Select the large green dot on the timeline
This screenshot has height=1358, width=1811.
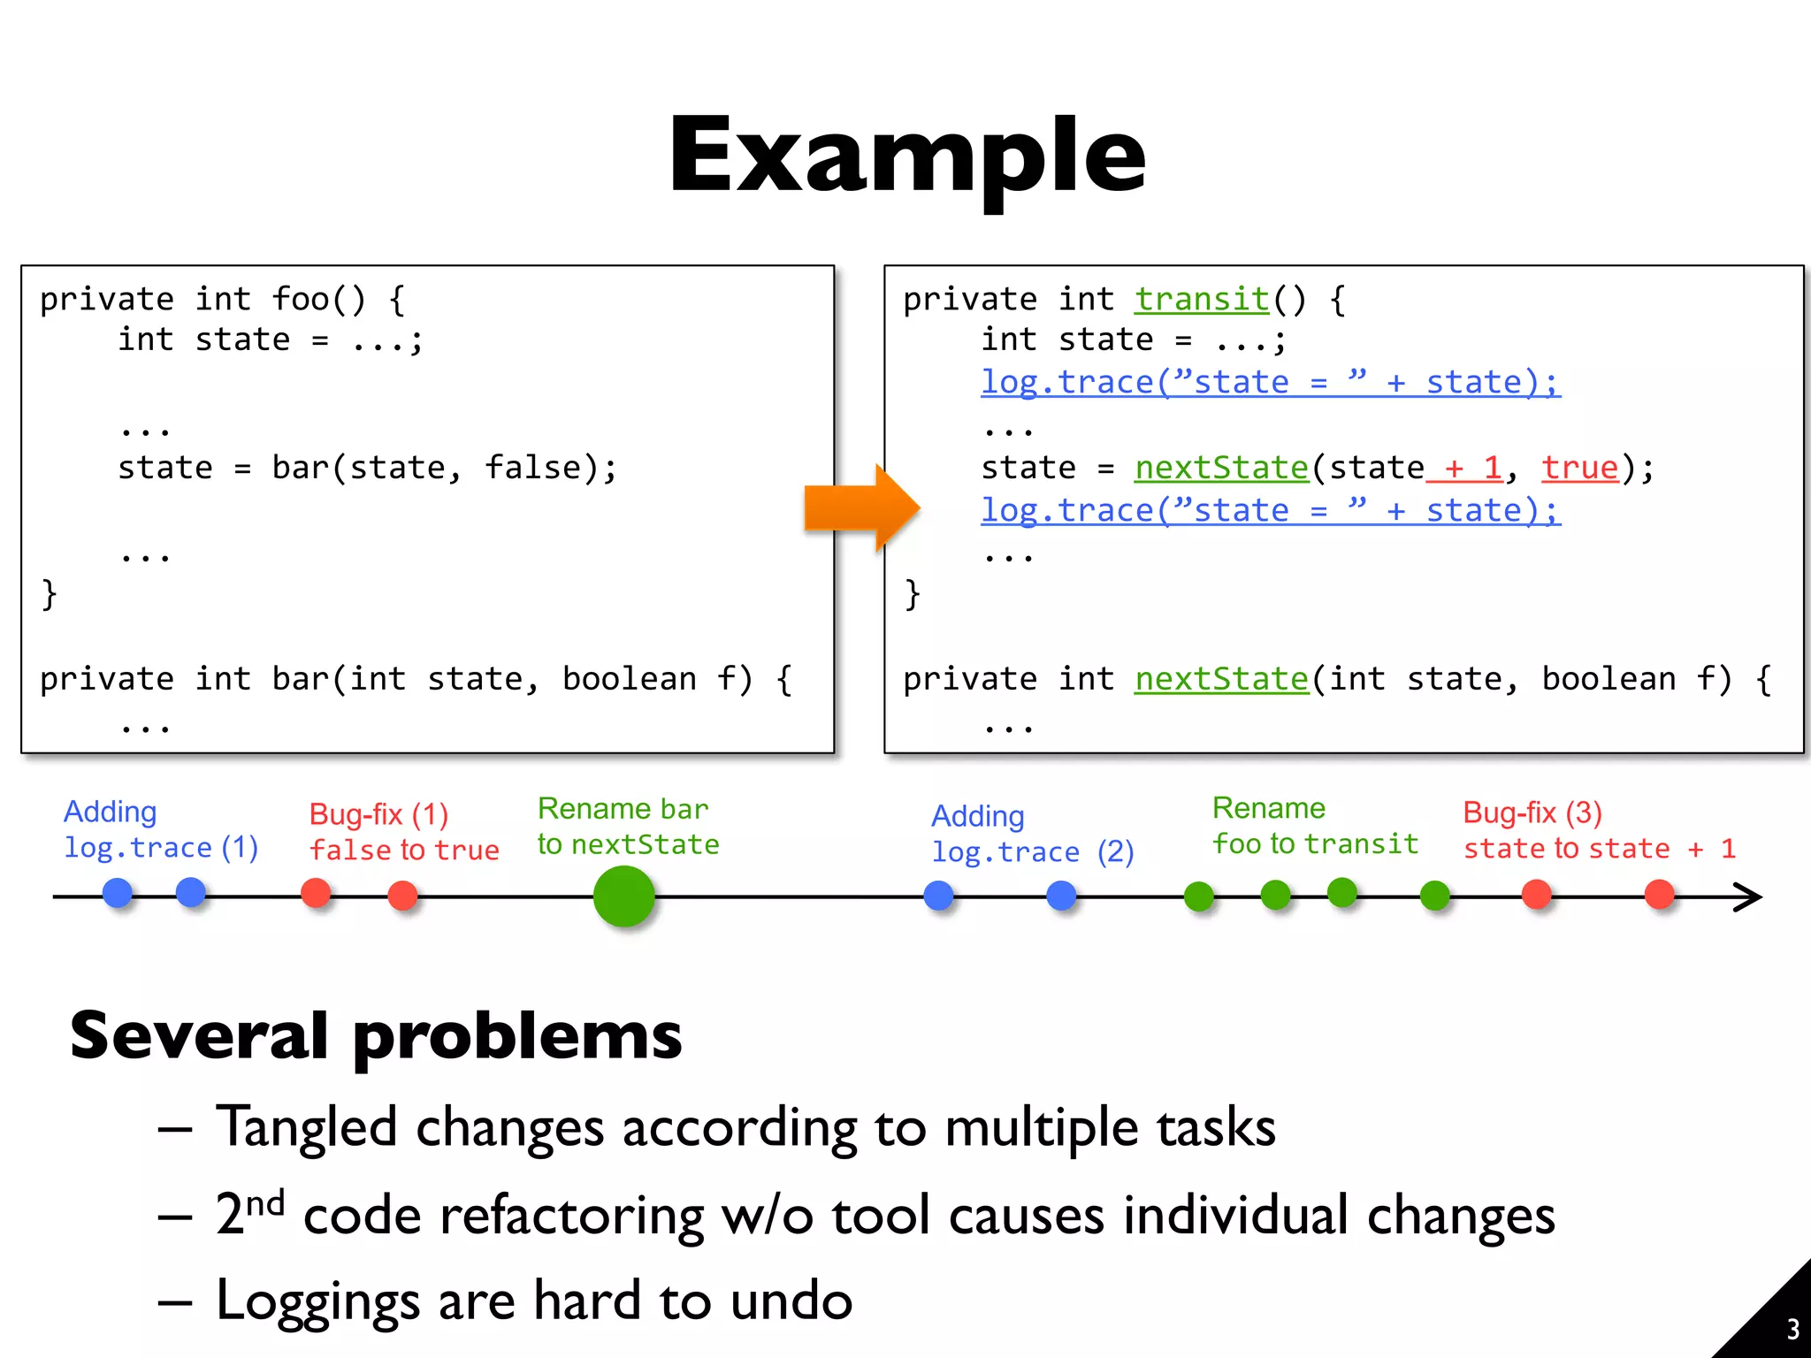coord(623,896)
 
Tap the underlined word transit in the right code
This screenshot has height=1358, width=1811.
coord(1202,300)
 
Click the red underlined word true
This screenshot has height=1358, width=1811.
coord(1579,468)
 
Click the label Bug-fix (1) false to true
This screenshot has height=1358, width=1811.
coord(403,831)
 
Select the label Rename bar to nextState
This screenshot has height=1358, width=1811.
coord(627,826)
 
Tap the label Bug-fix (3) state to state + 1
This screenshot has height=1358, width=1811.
coord(1599,830)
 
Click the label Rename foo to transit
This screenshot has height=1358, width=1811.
coord(1314,826)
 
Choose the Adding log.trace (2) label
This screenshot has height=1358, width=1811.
coord(1031,834)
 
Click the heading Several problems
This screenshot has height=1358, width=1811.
coord(376,1035)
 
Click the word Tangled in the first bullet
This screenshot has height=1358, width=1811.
coord(306,1127)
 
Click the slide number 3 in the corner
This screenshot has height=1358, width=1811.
coord(1792,1329)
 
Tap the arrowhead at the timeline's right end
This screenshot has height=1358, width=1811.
coord(1748,896)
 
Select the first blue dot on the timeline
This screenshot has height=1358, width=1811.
coord(118,893)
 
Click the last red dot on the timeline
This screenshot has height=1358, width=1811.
coord(1659,894)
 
